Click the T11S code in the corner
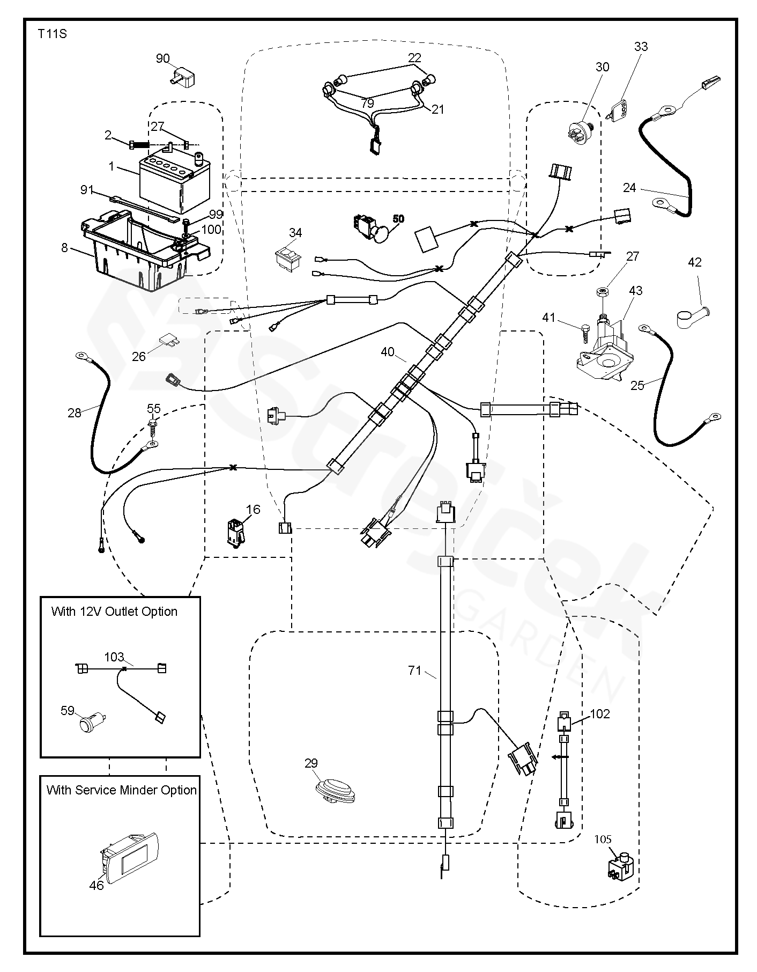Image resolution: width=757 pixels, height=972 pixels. [52, 34]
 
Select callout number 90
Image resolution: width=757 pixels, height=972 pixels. [162, 58]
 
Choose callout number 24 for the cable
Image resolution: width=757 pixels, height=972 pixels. [629, 188]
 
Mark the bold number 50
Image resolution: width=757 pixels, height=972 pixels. [398, 219]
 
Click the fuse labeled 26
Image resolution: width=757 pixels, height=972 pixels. [167, 342]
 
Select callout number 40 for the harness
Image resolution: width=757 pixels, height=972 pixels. [388, 352]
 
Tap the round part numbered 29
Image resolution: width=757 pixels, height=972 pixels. [335, 791]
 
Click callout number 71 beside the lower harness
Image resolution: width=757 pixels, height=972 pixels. [414, 671]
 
